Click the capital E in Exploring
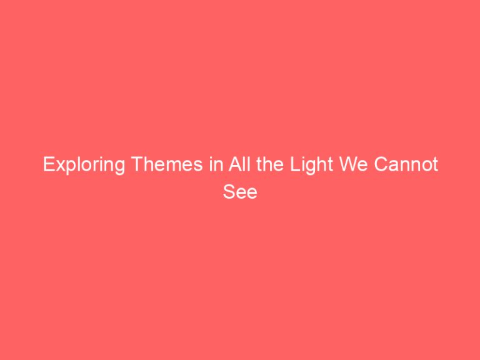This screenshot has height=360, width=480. coord(47,166)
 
